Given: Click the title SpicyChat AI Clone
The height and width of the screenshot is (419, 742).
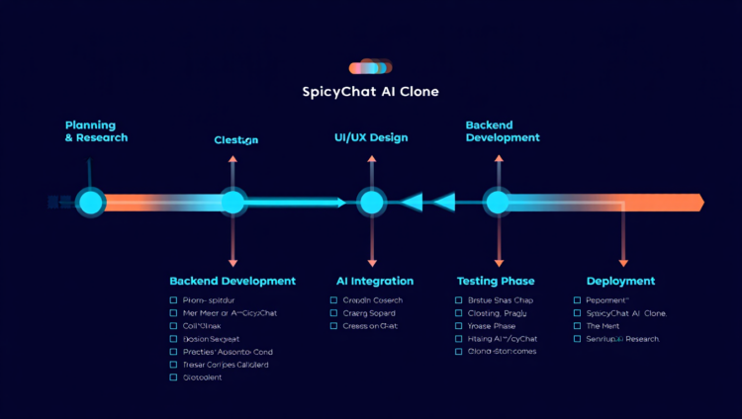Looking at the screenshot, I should pos(370,92).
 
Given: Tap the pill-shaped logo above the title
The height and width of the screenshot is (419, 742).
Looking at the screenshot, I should pos(371,68).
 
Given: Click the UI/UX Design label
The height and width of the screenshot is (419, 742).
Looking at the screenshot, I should pos(371,137).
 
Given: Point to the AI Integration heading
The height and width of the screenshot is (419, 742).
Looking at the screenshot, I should pos(375,282).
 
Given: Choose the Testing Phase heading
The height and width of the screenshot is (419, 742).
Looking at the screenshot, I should pos(497,282).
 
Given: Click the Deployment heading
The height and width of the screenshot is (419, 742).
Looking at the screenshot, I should pos(620,282).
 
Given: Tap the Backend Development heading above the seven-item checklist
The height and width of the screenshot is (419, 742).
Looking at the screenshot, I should pos(232,282).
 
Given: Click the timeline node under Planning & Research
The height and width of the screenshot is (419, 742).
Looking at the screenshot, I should pos(90,203).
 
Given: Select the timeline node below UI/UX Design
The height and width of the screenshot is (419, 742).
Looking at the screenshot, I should pos(371,203).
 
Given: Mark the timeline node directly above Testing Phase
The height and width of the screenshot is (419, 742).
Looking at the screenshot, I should pos(497,203).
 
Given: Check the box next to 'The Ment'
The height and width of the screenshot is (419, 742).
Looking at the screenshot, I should pos(577,326).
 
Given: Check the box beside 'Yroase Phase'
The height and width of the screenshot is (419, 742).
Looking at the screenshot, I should pos(459,326).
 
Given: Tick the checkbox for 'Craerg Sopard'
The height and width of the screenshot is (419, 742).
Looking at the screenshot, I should pos(334,313).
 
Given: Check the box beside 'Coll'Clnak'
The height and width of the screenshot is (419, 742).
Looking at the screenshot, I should pos(173,326).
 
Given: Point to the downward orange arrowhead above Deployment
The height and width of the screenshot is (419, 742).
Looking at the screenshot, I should pos(623,262).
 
